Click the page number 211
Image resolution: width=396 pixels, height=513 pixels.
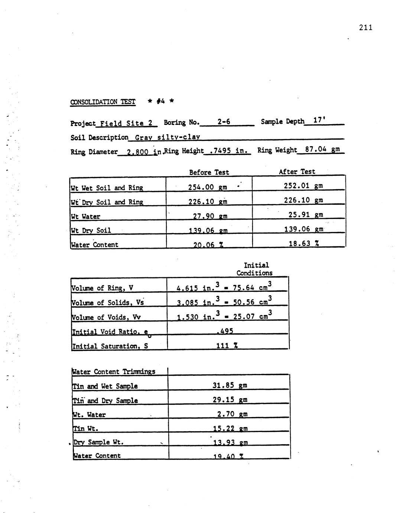(x=366, y=28)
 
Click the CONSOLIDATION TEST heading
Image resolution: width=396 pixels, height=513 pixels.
(x=103, y=102)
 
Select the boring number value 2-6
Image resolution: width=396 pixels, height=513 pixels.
(x=224, y=122)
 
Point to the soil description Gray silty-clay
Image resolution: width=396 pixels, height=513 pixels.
(x=167, y=137)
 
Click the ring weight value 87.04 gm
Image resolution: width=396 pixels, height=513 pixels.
(x=322, y=149)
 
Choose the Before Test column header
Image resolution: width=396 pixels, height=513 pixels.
(x=209, y=172)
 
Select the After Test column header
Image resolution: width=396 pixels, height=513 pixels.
(x=297, y=172)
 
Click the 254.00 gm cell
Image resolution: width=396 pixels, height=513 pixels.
(x=207, y=187)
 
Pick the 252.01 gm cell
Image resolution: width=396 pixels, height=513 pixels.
(x=303, y=186)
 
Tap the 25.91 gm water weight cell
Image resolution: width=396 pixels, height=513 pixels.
(x=305, y=215)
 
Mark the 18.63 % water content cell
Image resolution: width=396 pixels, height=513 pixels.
(x=304, y=243)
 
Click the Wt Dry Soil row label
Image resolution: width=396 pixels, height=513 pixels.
(x=91, y=230)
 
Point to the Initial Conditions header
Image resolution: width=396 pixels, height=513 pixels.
(x=255, y=269)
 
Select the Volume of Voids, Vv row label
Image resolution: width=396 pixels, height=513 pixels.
(x=107, y=317)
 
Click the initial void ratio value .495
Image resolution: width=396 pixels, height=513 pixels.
(x=225, y=331)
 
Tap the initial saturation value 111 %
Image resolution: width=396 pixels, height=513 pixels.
(x=227, y=346)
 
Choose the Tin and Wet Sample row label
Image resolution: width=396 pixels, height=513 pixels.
(x=106, y=386)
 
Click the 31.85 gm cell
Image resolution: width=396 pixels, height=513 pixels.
(x=230, y=385)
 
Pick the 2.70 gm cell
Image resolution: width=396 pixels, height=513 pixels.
(x=232, y=414)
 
